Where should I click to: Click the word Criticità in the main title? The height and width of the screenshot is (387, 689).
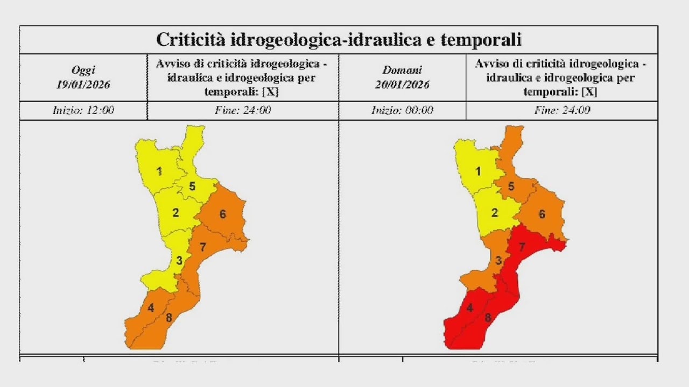(190, 40)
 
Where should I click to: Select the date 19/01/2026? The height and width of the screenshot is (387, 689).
(83, 84)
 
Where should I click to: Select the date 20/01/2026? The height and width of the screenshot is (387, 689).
(403, 84)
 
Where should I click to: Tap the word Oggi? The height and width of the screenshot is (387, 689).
(83, 70)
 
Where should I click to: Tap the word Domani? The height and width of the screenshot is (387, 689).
(403, 70)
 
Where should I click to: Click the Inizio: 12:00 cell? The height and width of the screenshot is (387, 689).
(83, 111)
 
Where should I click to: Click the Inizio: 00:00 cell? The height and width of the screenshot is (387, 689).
(403, 111)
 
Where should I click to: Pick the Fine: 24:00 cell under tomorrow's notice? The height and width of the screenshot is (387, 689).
(562, 111)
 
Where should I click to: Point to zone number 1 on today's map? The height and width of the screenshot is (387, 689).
(159, 171)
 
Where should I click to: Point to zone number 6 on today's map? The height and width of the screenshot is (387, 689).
(222, 214)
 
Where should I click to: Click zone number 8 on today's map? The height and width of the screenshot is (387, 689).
(168, 318)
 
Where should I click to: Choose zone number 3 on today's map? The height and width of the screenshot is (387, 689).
(180, 261)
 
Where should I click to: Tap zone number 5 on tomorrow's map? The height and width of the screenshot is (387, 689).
(511, 187)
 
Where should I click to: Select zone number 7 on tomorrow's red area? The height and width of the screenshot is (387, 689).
(522, 247)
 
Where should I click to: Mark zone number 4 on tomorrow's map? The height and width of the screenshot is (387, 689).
(470, 309)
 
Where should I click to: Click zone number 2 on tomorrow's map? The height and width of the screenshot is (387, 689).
(495, 213)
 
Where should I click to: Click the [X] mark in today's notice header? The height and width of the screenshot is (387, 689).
(270, 92)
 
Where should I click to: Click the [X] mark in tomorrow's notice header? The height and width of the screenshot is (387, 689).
(589, 92)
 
